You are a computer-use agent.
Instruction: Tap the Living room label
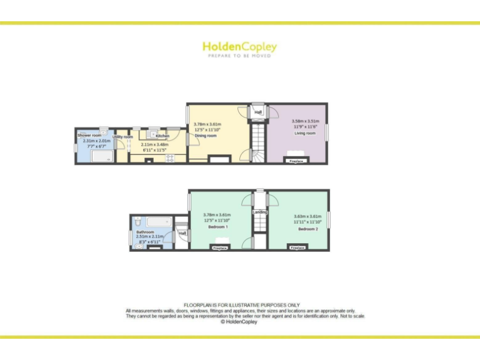(305, 133)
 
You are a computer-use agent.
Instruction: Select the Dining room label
(206, 136)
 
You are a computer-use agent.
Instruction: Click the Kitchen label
(162, 136)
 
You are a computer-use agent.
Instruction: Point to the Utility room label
(122, 137)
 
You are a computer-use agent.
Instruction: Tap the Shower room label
(89, 135)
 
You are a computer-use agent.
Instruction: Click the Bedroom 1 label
(218, 227)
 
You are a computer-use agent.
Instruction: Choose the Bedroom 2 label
(308, 229)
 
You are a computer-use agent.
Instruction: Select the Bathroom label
(144, 232)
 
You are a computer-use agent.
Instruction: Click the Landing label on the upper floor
(260, 212)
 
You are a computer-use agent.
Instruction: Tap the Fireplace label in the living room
(296, 161)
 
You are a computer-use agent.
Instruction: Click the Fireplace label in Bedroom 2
(297, 247)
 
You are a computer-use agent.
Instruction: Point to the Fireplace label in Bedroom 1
(219, 248)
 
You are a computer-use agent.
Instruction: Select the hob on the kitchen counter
(169, 157)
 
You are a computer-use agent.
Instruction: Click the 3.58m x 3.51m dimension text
(305, 121)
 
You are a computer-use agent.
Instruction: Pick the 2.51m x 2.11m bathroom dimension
(150, 237)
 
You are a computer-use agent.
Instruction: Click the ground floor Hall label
(258, 112)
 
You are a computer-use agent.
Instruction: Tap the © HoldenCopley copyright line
(239, 322)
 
